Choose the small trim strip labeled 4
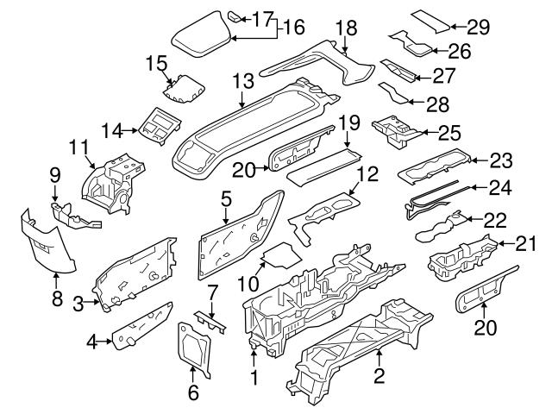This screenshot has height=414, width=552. click(x=142, y=326)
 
